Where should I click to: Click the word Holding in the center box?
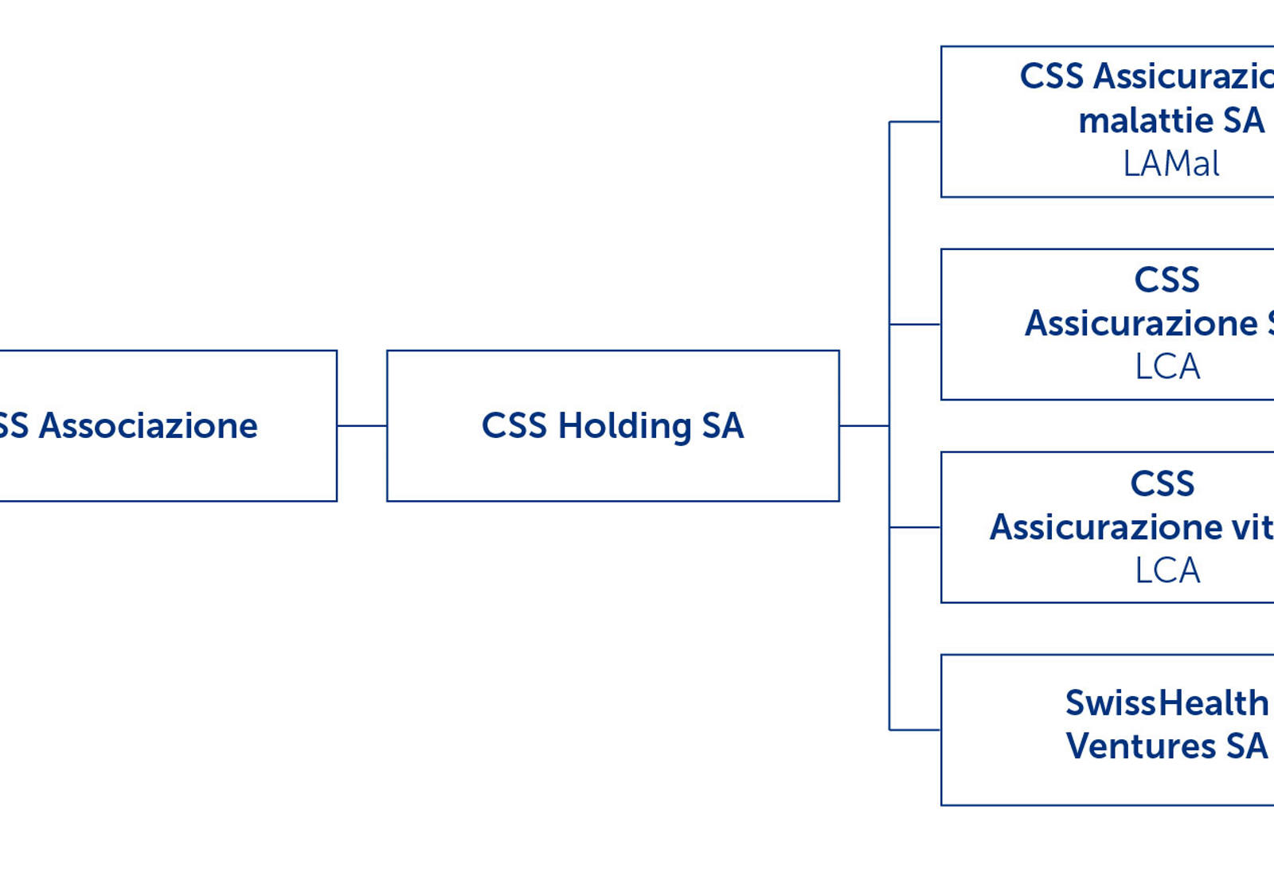(624, 426)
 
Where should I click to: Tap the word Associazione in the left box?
(149, 426)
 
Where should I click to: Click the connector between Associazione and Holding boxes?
(361, 426)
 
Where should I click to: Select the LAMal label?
(1170, 164)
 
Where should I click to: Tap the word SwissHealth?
(1167, 703)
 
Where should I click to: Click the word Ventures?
(1140, 746)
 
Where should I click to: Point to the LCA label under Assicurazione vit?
(1167, 570)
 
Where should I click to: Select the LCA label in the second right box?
(1167, 367)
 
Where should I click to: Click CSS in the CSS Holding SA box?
(514, 426)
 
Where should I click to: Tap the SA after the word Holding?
(723, 426)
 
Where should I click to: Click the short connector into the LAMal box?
(915, 122)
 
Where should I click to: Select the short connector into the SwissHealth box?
(915, 730)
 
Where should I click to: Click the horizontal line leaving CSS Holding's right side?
(864, 426)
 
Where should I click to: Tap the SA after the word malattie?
(1244, 121)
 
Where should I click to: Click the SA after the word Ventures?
(1247, 746)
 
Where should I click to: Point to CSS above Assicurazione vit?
(1163, 483)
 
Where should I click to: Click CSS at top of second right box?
(1167, 280)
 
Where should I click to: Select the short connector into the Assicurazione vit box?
(915, 527)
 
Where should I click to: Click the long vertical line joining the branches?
(889, 239)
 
